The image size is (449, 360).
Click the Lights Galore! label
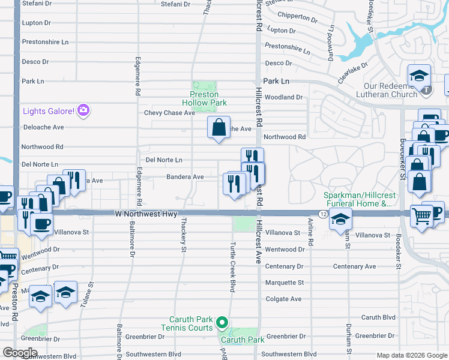point(48,110)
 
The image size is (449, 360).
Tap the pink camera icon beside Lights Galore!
point(83,110)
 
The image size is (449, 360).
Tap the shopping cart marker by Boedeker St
point(422,215)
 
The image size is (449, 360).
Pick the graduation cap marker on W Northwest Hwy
point(340,220)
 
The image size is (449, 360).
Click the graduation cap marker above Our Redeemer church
point(420,76)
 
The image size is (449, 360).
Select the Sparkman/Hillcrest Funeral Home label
point(357,200)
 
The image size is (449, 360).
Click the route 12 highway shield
point(322,214)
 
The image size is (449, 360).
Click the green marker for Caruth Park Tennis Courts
point(222,323)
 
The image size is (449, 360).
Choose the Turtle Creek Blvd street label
point(232,268)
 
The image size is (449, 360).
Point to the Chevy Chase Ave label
point(170,113)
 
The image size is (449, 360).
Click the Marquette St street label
point(285,283)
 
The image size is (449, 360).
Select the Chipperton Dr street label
point(297,18)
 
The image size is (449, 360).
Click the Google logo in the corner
point(20,353)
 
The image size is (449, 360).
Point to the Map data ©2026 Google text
point(412,355)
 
